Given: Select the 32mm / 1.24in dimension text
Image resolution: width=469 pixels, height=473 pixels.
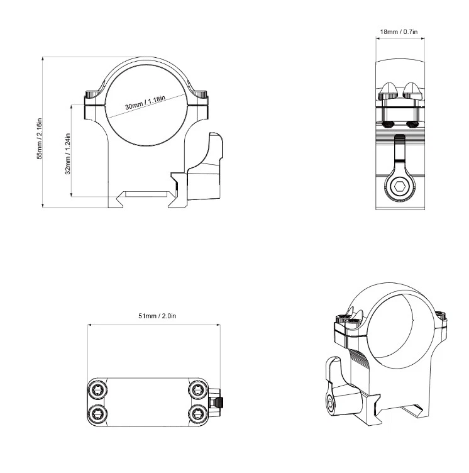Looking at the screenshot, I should [67, 154].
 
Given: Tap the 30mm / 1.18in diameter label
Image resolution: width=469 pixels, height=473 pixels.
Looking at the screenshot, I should [145, 103].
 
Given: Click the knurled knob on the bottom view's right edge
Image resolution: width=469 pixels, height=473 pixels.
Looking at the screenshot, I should [218, 402].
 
